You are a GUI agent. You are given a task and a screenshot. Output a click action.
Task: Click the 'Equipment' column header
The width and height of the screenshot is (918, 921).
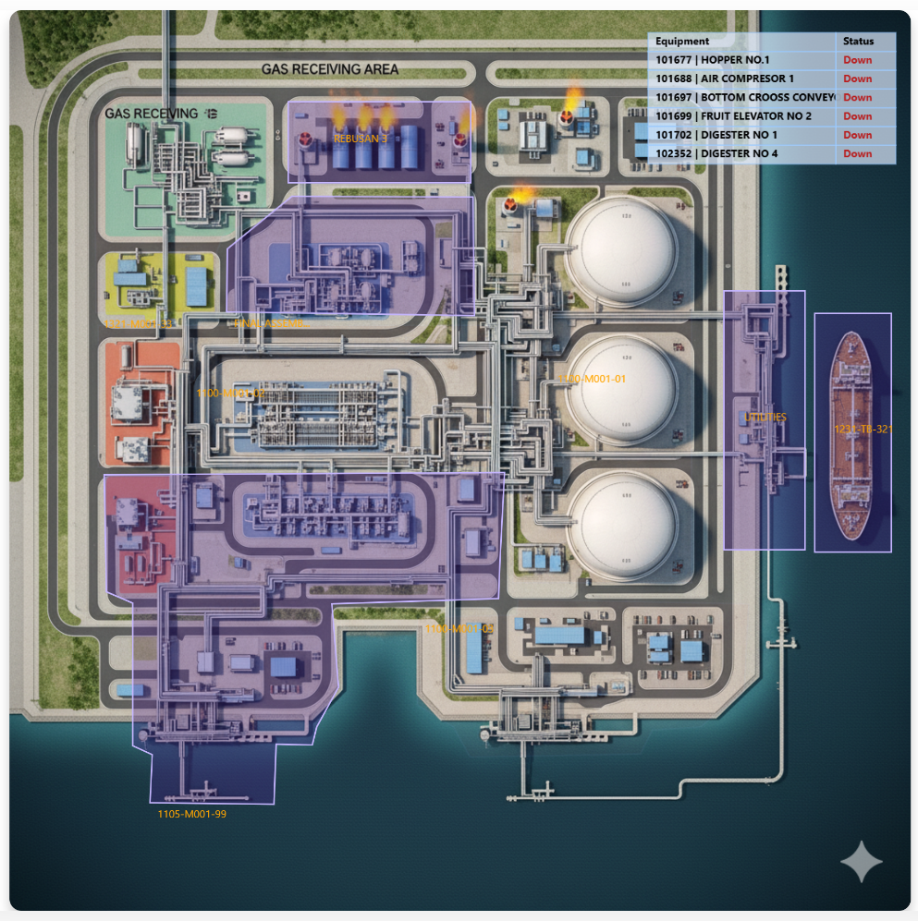coord(682,42)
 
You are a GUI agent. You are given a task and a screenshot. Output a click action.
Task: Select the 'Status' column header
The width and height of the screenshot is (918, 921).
coord(858,42)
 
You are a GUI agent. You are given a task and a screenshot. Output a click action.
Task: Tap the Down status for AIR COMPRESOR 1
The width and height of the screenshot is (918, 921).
coord(857,79)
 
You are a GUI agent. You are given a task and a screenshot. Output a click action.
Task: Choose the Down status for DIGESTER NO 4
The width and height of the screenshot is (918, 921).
coord(857,153)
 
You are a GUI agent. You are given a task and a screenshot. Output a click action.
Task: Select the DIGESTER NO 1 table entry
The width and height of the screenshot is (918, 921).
coord(716,135)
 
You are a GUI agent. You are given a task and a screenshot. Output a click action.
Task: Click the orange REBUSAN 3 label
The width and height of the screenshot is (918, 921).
coord(361,138)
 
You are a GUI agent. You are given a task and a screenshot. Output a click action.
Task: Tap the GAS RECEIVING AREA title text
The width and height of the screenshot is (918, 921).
coord(330,69)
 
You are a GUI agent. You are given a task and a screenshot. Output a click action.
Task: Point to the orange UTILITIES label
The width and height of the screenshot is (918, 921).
coord(765,418)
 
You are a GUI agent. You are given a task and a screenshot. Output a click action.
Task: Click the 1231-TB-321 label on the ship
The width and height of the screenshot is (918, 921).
coord(863,429)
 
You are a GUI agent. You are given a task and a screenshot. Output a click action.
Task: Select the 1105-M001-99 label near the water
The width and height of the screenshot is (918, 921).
coord(191,814)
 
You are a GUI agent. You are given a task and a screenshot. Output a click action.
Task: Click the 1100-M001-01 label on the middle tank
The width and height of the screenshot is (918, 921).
coord(593,379)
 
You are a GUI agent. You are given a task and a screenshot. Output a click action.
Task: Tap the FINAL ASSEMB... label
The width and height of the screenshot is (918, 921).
coord(272,323)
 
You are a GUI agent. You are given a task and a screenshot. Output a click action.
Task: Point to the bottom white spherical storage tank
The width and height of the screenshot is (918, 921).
coord(620,515)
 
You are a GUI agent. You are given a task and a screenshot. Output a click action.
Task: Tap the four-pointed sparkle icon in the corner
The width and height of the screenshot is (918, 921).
coord(863,863)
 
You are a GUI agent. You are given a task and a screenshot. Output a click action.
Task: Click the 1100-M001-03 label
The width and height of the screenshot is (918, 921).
coord(230,394)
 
